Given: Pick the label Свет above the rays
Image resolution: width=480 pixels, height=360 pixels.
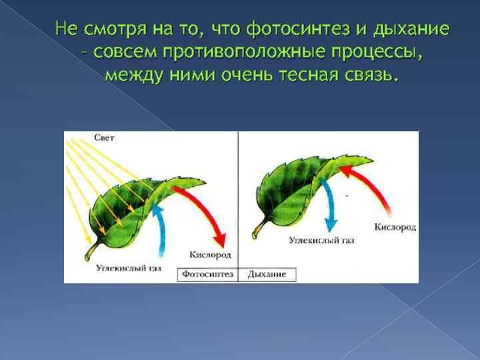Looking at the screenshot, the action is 104,138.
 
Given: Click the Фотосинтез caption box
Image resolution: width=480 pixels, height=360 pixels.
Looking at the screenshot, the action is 208,274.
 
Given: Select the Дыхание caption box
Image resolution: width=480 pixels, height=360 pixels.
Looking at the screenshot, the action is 267,274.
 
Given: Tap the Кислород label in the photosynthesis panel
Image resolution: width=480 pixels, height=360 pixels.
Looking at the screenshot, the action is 210,255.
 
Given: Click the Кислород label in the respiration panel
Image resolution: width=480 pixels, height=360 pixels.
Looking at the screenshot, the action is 395,227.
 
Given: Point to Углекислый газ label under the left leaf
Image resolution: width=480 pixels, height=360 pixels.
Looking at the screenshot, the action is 129,268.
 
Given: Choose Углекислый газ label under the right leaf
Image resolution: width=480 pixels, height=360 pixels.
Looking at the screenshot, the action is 321,240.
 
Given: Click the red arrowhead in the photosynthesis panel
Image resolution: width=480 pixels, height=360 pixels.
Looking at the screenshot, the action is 221,240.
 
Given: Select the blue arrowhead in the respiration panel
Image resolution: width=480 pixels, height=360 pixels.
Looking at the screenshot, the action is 330,225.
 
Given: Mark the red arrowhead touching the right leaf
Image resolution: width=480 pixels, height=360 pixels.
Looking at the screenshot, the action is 345,170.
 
